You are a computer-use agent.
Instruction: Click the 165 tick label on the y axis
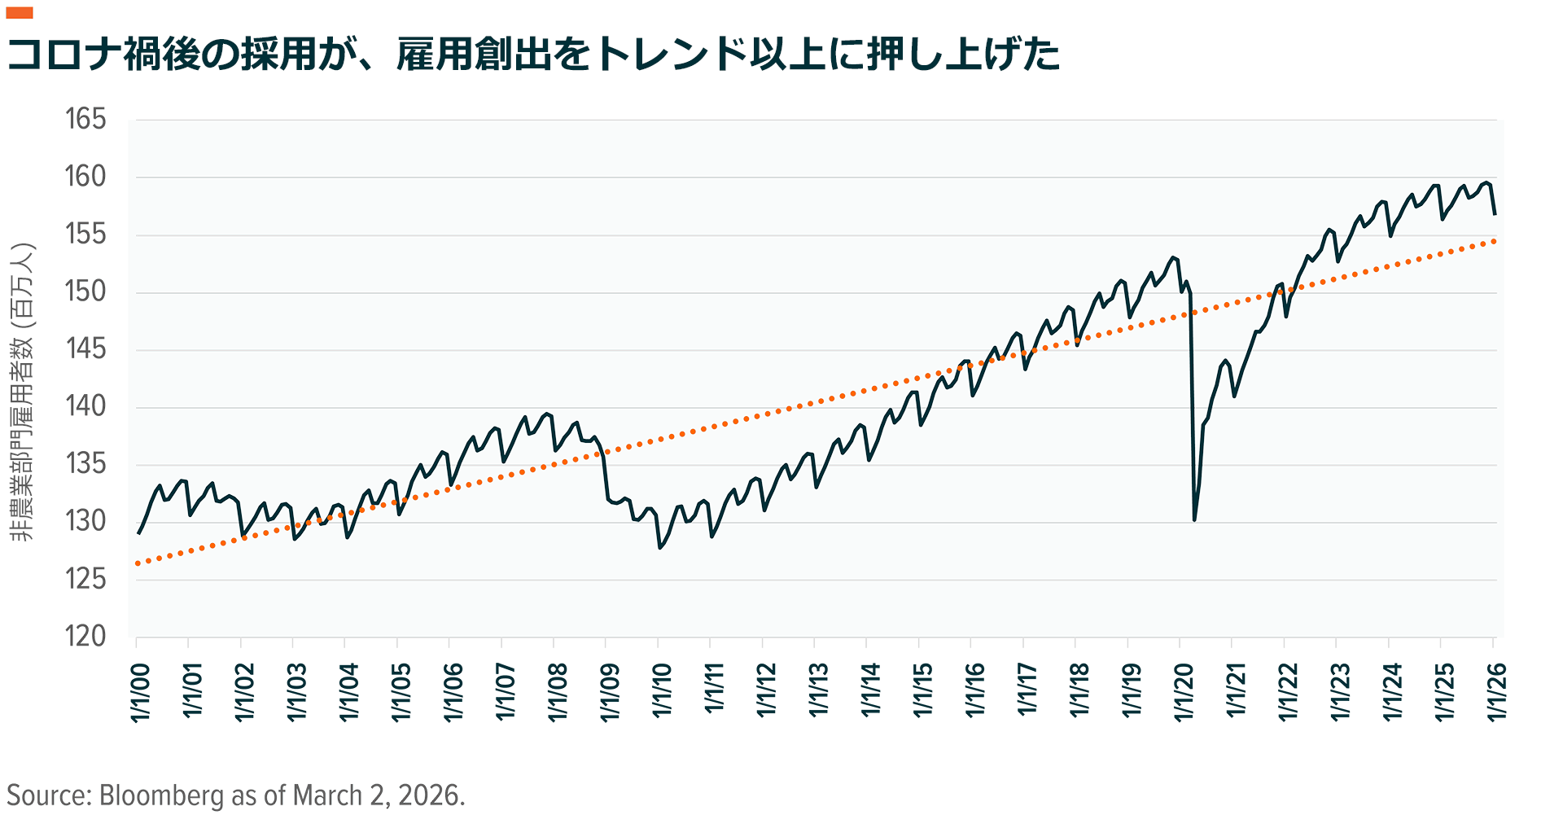(x=85, y=120)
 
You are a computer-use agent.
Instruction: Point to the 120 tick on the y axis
(x=85, y=637)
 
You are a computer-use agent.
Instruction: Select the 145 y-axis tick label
(x=85, y=349)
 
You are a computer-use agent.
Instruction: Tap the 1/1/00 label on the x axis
(x=140, y=692)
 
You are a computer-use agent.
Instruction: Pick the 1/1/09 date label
(x=610, y=692)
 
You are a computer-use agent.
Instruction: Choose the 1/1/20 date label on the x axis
(x=1184, y=692)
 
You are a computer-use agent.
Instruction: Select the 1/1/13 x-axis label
(x=818, y=692)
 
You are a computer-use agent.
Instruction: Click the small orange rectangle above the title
(x=19, y=13)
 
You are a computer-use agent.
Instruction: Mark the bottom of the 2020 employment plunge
(x=1194, y=519)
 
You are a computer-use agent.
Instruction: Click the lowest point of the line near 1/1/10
(x=660, y=548)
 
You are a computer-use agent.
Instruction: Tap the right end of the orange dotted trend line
(x=1495, y=241)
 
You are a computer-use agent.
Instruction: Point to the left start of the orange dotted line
(x=138, y=563)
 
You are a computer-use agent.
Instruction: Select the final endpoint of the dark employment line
(x=1495, y=214)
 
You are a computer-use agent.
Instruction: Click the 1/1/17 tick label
(x=1027, y=692)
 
